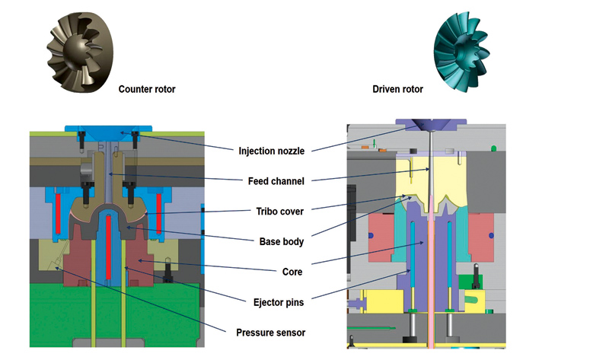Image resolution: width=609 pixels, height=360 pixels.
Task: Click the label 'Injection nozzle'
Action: pos(271,151)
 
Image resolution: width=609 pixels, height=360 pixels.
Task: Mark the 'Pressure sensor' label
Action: pos(271,332)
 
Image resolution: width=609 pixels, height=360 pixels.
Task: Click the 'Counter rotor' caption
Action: pos(146,89)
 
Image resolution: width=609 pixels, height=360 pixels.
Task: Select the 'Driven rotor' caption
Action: pos(397,89)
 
